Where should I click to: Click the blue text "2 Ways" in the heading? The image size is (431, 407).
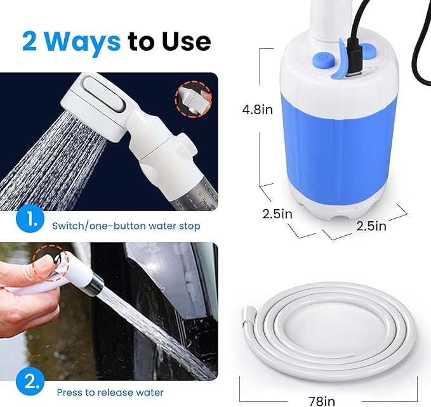pyautogui.click(x=70, y=41)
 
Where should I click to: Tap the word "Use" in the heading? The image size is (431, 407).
pyautogui.click(x=182, y=41)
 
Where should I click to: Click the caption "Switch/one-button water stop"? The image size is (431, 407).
pyautogui.click(x=126, y=226)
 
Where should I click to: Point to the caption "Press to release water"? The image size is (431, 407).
pyautogui.click(x=110, y=392)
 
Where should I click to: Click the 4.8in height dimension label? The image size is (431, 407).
pyautogui.click(x=258, y=110)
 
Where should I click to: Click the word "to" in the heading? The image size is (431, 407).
pyautogui.click(x=140, y=41)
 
